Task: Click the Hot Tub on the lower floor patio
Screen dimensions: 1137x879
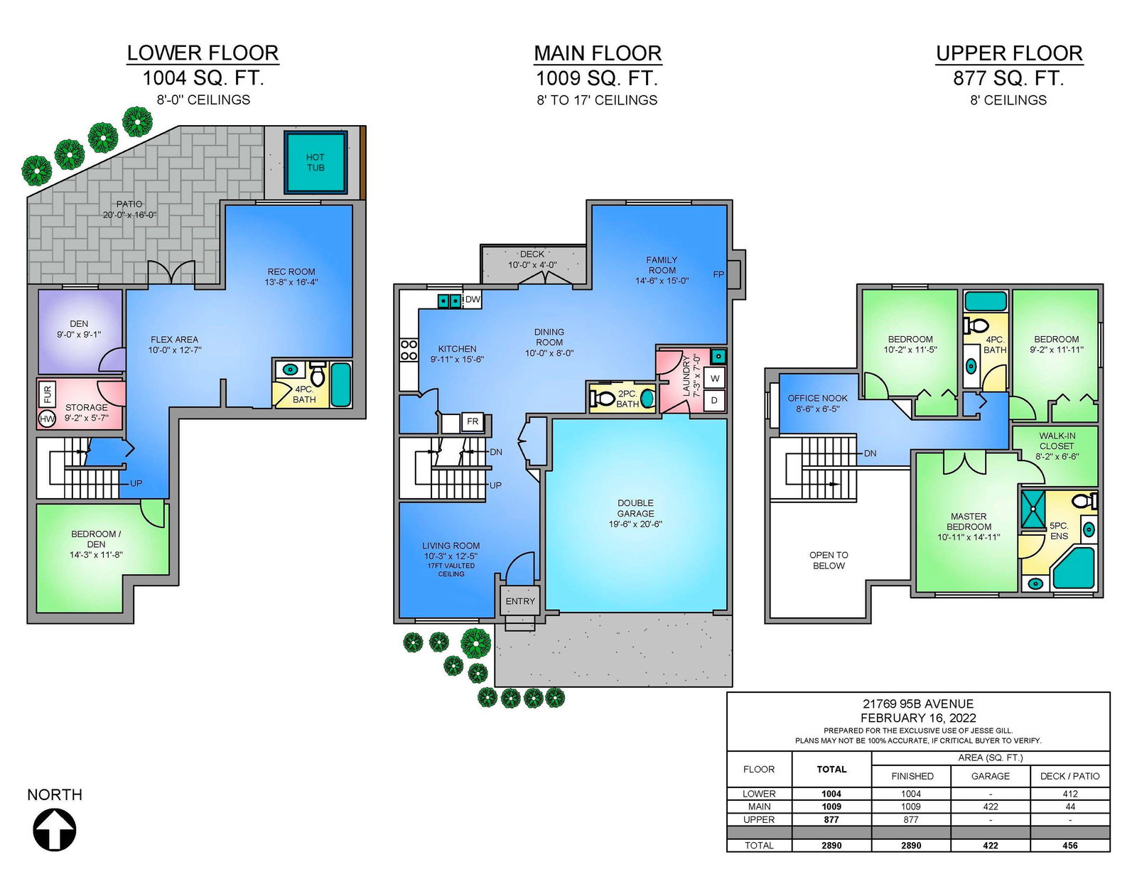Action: [x=316, y=162]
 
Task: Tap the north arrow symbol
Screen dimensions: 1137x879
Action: [x=55, y=830]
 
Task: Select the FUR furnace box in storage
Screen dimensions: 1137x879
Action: [x=48, y=394]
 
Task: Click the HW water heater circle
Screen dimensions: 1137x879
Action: [x=47, y=419]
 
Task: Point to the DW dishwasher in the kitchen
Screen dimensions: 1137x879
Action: [x=473, y=300]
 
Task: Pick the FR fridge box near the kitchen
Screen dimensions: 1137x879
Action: [x=473, y=421]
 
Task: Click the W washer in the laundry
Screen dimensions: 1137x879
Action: [x=714, y=378]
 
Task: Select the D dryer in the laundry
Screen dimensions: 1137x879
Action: [x=714, y=401]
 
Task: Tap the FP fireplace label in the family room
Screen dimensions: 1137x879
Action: [x=718, y=274]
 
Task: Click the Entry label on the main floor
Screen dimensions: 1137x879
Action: [x=520, y=601]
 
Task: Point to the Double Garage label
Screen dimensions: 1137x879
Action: [x=635, y=508]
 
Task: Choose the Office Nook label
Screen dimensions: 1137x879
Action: [x=817, y=398]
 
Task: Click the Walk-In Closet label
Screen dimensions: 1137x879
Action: [x=1057, y=441]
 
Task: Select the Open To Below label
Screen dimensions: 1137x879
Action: [x=829, y=560]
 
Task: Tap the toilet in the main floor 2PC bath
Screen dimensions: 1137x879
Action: [x=602, y=399]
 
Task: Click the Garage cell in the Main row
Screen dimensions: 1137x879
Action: [x=990, y=807]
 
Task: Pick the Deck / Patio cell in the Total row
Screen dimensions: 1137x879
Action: [x=1070, y=845]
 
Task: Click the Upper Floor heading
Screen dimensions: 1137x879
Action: [x=1009, y=53]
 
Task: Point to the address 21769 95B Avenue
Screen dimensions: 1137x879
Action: [x=918, y=703]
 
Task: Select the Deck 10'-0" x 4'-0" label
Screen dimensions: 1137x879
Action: [x=532, y=259]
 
